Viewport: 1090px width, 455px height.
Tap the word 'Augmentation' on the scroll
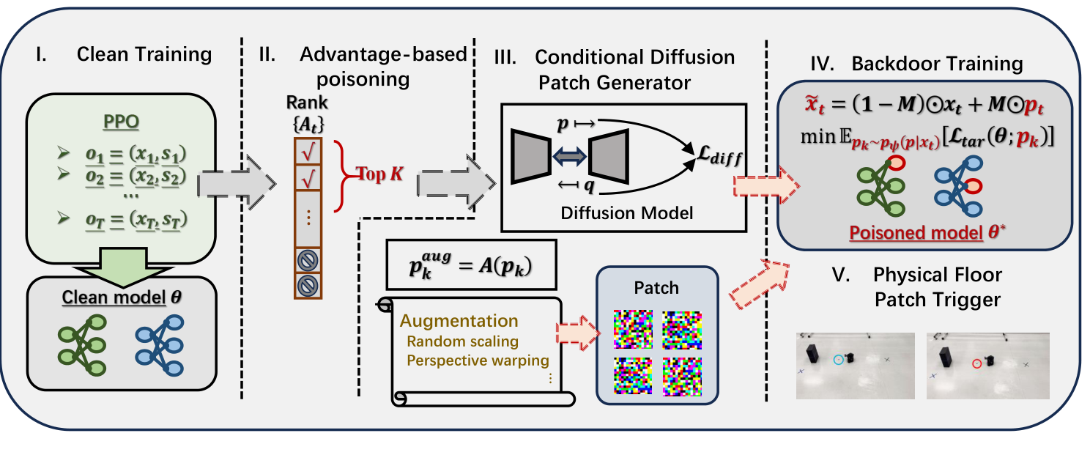(x=459, y=320)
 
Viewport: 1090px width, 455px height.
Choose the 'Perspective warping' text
(x=478, y=360)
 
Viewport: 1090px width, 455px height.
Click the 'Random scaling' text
(x=463, y=341)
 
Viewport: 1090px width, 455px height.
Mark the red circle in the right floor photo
(x=976, y=363)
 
